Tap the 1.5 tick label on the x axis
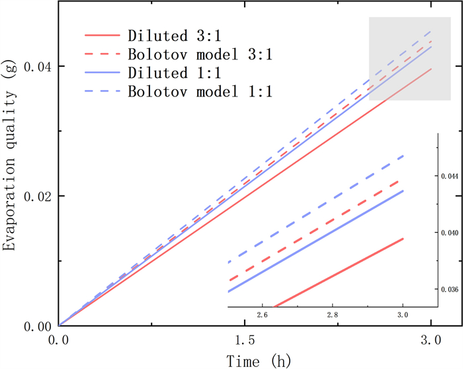(245, 340)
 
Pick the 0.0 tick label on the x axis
(60, 340)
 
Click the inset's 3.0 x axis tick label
(402, 315)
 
